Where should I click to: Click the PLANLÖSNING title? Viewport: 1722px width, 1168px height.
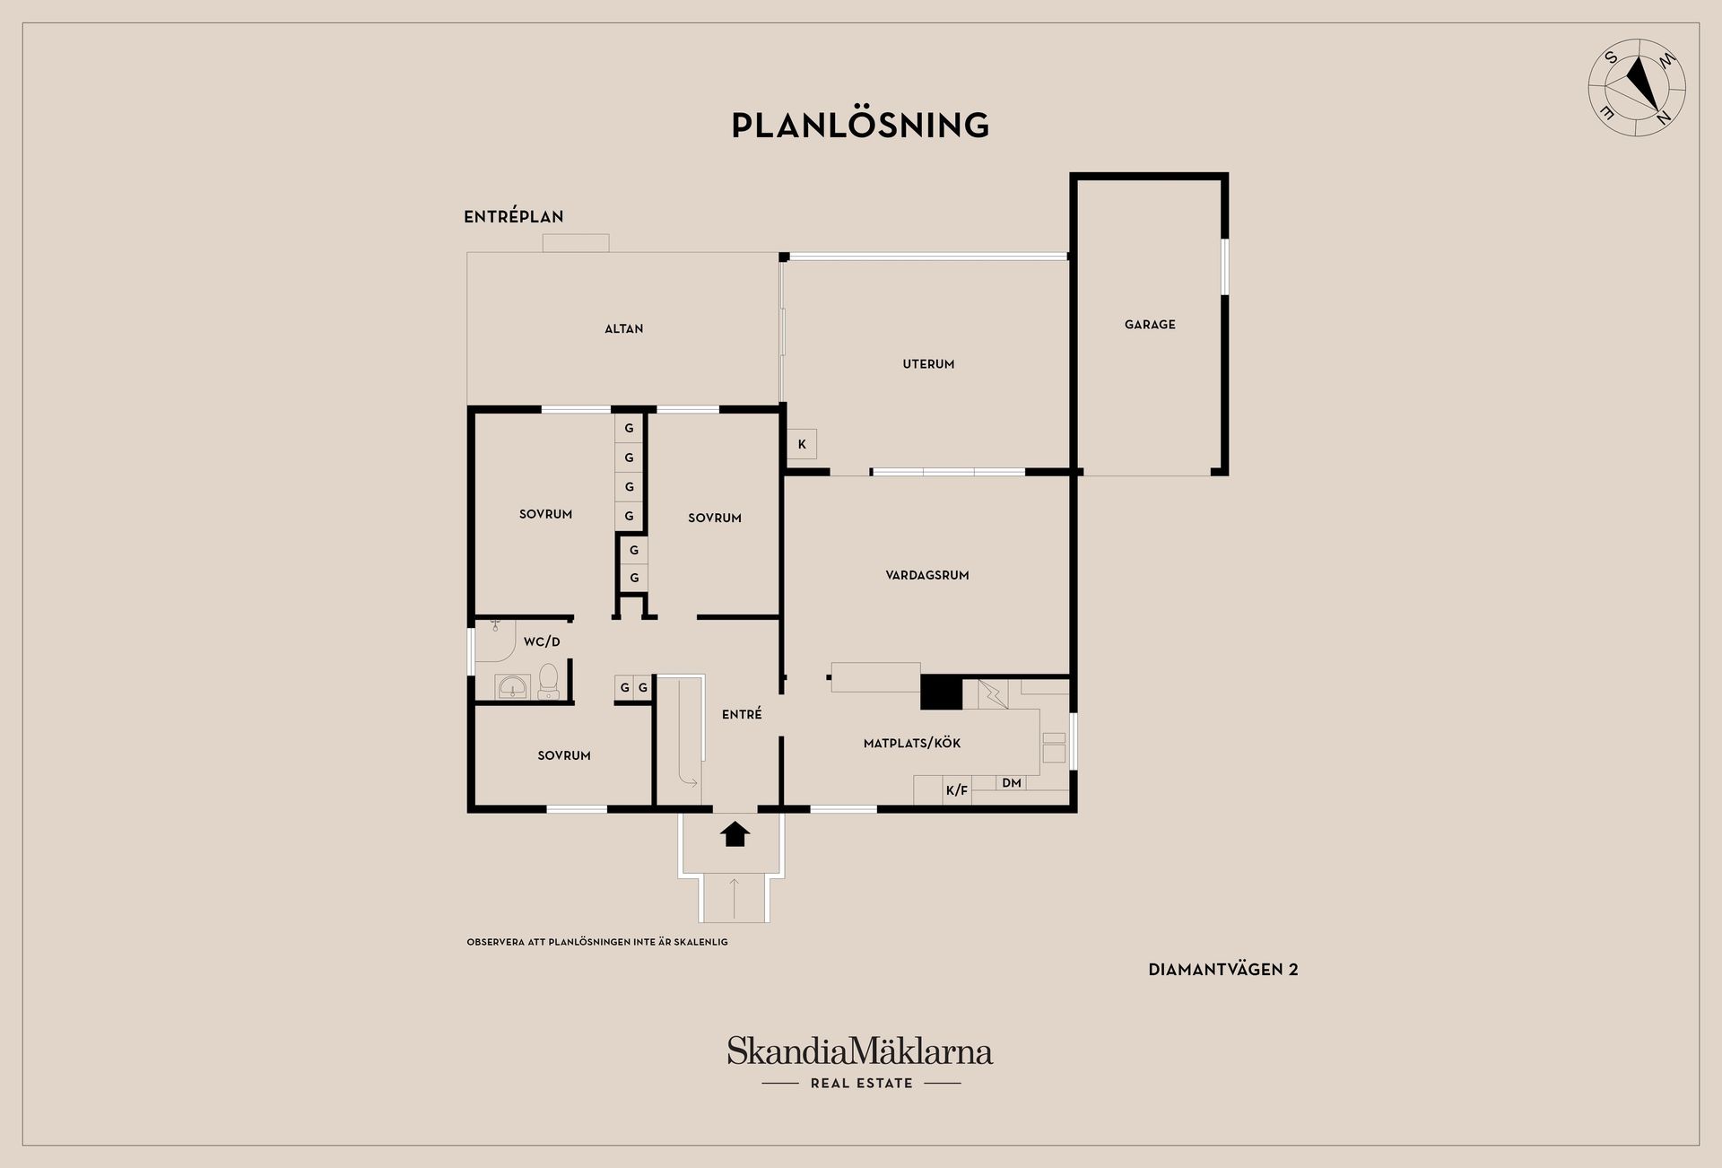pos(860,125)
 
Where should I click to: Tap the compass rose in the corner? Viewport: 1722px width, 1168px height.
pos(1637,88)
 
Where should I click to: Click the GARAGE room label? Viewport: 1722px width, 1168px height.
pos(1150,325)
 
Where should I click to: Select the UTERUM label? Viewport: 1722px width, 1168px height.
pos(928,364)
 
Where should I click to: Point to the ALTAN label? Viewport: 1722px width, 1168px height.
pos(623,329)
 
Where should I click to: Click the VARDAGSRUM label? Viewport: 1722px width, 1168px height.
pos(927,576)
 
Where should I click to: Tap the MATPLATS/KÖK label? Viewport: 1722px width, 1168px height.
pos(912,744)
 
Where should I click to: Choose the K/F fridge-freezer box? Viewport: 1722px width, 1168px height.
pos(957,790)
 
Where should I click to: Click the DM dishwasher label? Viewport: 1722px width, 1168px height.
pos(1012,783)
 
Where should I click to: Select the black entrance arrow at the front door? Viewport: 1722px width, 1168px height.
pos(735,834)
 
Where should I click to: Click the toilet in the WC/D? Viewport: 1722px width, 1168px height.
pos(548,683)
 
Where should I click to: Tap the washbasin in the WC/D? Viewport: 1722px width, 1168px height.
pos(513,687)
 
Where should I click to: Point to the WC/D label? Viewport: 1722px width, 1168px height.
pos(542,642)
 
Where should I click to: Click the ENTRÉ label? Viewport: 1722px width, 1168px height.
pos(742,714)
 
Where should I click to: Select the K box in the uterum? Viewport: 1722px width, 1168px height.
pos(802,444)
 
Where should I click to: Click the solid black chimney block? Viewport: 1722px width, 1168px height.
pos(942,692)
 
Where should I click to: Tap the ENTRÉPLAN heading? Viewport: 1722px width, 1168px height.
pos(514,217)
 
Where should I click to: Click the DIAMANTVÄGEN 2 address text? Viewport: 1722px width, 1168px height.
pos(1223,970)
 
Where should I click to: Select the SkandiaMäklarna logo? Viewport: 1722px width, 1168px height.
pos(860,1063)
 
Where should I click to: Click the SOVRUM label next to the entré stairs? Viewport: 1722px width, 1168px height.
pos(564,756)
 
